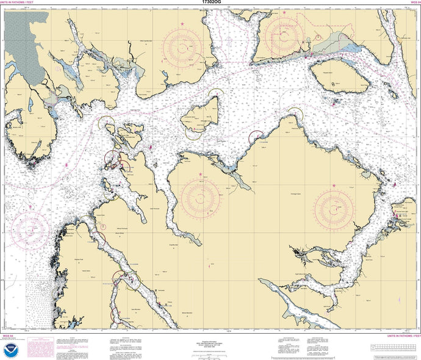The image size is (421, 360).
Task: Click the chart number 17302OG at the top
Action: pos(210,3)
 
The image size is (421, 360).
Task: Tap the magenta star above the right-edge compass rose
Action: pos(334,185)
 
